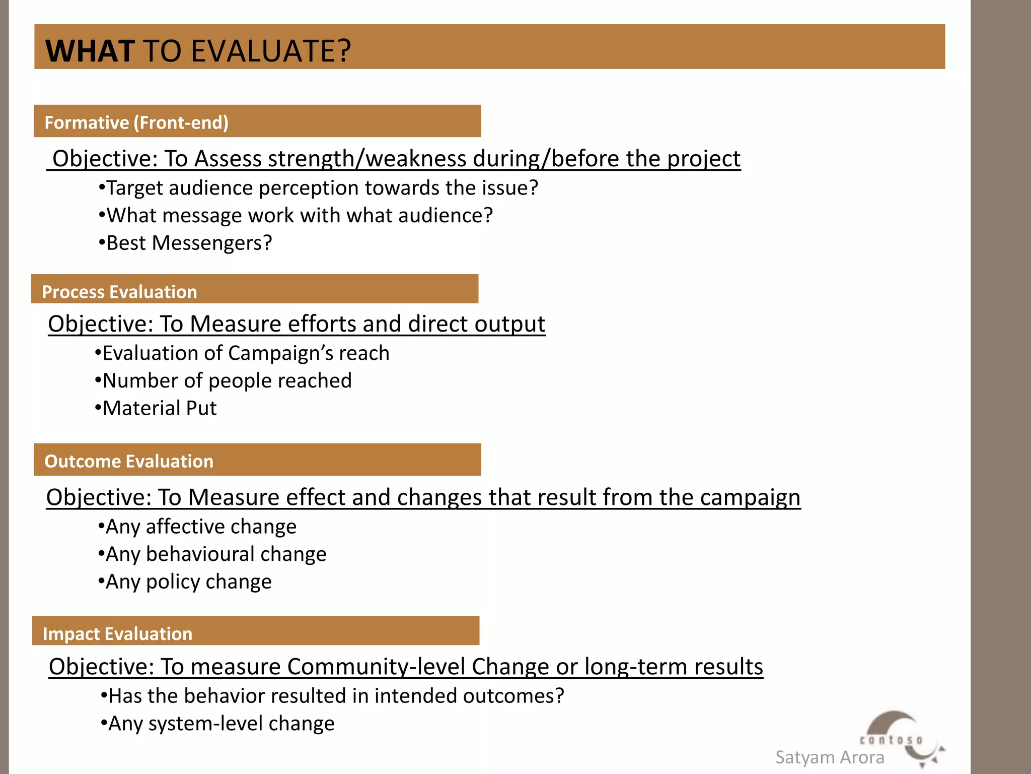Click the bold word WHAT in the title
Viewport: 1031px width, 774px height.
90,51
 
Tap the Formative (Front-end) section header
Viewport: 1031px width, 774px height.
136,122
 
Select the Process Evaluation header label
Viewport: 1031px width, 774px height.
119,292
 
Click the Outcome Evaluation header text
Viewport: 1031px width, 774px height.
129,461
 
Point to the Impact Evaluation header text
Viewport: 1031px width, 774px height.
117,633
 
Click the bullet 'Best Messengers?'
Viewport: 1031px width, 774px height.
185,243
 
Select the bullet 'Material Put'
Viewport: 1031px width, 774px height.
156,408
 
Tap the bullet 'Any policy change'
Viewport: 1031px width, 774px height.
185,582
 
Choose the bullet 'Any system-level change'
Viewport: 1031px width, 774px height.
217,724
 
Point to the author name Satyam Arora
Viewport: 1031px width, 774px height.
829,757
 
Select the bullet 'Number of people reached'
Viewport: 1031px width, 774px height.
224,381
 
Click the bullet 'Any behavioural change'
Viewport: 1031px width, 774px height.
212,554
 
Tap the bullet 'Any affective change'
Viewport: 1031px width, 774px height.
197,527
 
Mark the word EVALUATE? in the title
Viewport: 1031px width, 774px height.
271,51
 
